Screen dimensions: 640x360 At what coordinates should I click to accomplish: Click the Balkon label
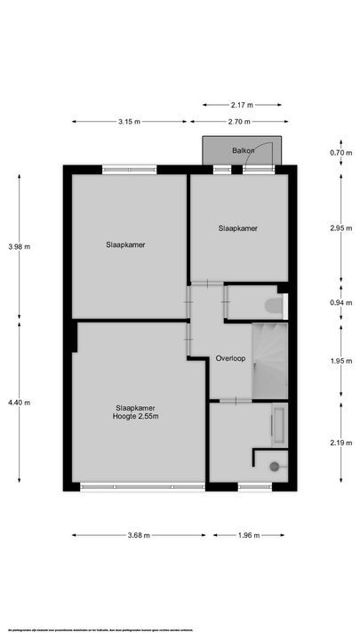point(243,150)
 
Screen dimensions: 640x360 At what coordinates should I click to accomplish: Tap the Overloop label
point(229,358)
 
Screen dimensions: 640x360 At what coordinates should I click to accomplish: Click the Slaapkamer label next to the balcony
point(238,228)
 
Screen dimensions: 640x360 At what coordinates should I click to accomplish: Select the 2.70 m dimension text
point(239,123)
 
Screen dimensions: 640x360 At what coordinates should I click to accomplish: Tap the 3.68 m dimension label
point(139,535)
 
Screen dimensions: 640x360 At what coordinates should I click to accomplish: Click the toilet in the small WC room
point(273,307)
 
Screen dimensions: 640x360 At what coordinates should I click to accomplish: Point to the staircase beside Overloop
point(270,360)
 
